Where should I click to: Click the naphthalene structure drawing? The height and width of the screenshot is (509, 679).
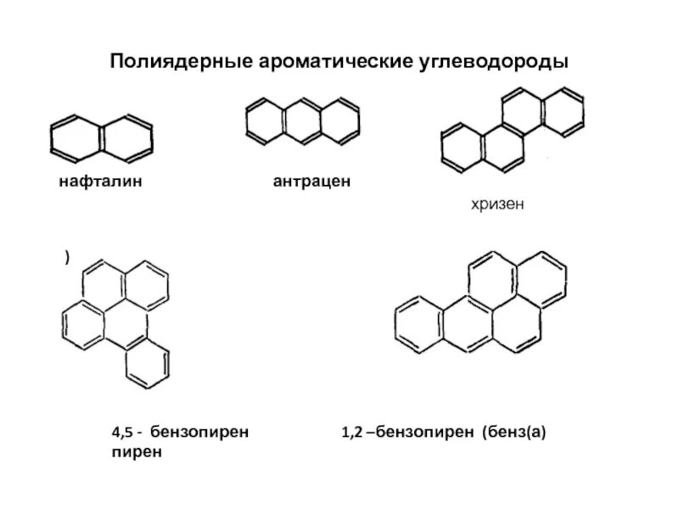pos(101,137)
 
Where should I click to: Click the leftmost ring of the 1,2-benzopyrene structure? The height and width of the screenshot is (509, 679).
pos(418,322)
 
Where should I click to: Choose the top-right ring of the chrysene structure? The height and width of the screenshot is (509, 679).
pos(562,109)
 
